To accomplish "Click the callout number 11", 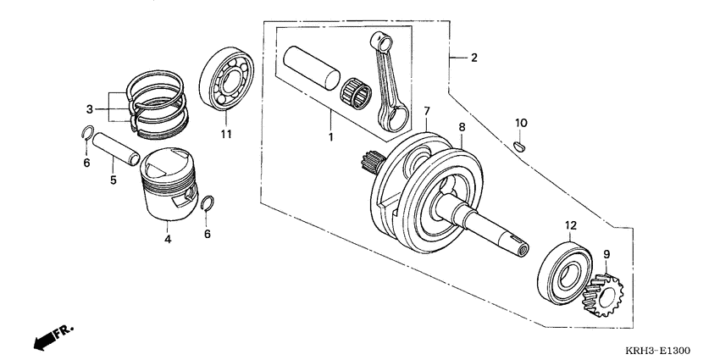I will coord(226,134).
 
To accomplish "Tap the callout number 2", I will coord(474,58).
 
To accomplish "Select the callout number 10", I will coord(522,123).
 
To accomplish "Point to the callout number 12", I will coord(571,225).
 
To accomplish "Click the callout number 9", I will coord(606,253).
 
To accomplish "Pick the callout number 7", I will coord(427,111).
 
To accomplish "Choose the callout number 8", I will coord(462,128).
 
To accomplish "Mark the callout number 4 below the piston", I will coord(168,240).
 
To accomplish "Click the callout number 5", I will coord(112,180).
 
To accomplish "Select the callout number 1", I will coord(331,136).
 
